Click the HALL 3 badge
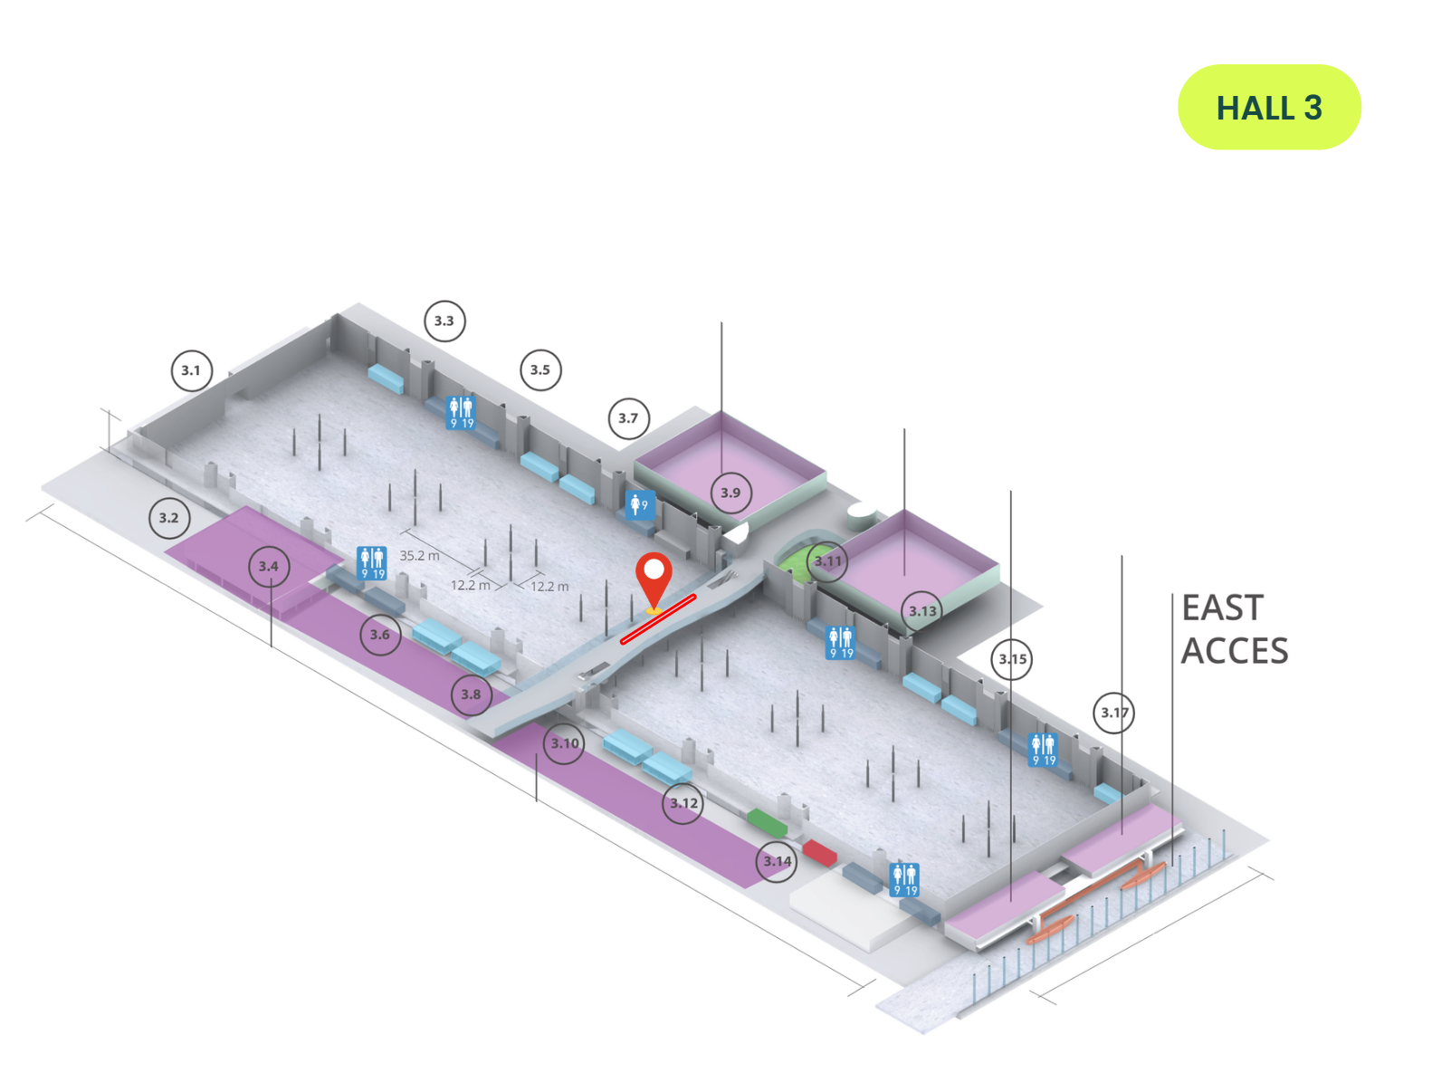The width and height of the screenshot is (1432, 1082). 1268,108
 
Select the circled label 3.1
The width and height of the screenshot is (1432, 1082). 191,370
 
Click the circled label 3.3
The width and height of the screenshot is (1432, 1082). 444,321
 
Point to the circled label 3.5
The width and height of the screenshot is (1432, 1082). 540,369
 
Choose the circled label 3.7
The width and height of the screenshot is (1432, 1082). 628,418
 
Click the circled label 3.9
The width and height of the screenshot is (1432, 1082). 730,493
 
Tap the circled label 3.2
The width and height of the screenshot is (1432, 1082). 169,518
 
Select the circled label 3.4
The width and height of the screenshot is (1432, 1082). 269,567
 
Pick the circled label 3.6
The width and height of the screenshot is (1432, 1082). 380,635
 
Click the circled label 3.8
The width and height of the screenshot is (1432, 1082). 472,694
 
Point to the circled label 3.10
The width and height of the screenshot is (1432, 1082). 565,743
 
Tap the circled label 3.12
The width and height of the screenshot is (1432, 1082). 683,803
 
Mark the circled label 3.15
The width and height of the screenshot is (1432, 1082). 1012,659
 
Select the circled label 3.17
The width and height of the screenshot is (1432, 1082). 1114,713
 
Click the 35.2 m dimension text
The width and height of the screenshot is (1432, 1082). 419,555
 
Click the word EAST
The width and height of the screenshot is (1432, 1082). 1222,608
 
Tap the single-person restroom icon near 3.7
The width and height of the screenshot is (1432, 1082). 639,504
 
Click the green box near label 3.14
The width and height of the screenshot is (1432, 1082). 767,822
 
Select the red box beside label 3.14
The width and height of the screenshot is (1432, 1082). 819,851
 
